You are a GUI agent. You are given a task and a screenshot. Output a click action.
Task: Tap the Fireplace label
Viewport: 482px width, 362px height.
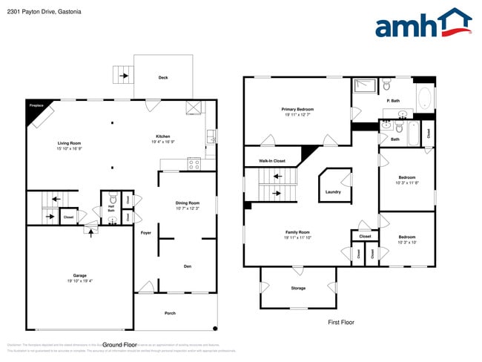point(36,107)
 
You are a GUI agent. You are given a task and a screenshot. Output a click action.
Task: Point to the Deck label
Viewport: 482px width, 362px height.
point(162,77)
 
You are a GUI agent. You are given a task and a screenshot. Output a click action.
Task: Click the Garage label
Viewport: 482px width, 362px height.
point(79,275)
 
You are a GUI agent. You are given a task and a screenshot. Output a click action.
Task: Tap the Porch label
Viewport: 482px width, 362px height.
point(170,313)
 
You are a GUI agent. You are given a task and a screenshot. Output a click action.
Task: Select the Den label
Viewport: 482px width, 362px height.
point(188,266)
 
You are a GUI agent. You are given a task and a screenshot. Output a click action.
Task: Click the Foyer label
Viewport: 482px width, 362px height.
point(146,232)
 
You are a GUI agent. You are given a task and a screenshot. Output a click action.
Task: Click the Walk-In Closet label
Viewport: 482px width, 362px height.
point(272,160)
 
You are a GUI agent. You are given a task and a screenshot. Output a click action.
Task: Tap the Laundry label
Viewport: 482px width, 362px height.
point(333,192)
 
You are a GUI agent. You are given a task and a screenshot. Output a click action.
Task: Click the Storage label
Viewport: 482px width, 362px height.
point(297,288)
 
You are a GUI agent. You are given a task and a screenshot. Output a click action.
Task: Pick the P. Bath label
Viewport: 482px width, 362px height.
point(393,101)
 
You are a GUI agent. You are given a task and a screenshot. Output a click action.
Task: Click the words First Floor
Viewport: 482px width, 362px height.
point(341,322)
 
